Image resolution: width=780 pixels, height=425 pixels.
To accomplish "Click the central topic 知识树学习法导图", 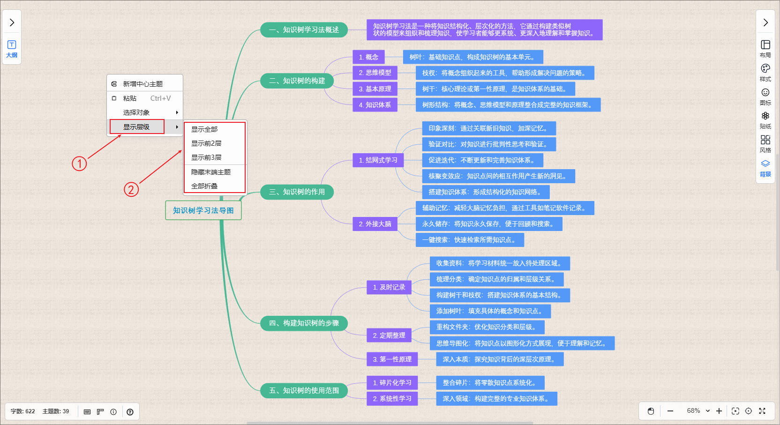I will [203, 210].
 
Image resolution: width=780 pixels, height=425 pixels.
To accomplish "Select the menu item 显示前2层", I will [206, 143].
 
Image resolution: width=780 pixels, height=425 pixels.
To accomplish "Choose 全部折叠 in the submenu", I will [204, 186].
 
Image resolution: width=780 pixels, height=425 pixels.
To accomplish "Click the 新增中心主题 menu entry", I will [142, 84].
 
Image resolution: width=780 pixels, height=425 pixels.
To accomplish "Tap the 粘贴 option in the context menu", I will [130, 98].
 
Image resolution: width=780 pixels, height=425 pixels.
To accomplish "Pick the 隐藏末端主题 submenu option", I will [211, 172].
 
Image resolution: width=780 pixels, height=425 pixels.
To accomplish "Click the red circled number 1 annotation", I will [79, 164].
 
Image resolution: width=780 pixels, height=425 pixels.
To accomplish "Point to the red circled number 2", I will [131, 190].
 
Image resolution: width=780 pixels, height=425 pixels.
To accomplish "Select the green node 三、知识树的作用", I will [297, 192].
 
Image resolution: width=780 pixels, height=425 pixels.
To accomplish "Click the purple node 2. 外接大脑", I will [375, 224].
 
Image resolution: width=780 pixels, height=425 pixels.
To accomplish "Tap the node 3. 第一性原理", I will [392, 359].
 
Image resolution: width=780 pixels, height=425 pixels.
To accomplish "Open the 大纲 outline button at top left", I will [12, 48].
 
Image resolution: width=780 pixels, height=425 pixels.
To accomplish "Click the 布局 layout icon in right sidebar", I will [765, 48].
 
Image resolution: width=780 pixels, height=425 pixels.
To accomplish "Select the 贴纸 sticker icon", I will [765, 119].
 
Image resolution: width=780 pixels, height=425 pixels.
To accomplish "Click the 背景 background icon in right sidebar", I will [765, 167].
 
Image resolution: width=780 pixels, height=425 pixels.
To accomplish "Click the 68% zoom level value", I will [693, 411].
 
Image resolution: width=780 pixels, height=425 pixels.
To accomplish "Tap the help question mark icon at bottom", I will [130, 412].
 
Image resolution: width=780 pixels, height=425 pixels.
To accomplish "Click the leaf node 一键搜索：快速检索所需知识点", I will [470, 240].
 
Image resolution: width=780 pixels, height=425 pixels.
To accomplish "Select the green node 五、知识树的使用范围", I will [304, 390].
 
